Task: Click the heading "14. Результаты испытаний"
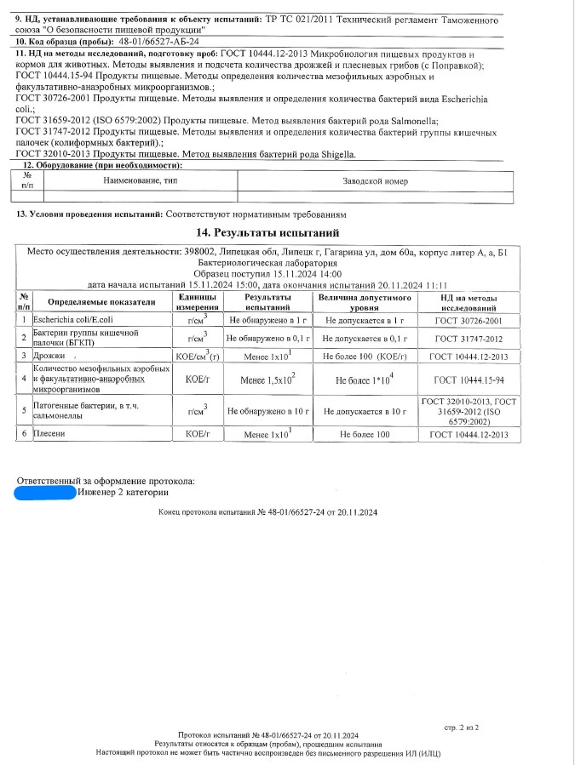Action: [x=267, y=232]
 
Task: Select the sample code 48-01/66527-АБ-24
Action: [x=161, y=41]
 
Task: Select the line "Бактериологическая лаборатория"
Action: [x=267, y=263]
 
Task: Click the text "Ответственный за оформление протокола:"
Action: [x=106, y=481]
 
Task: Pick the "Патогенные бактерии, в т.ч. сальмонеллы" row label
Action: [x=91, y=411]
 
